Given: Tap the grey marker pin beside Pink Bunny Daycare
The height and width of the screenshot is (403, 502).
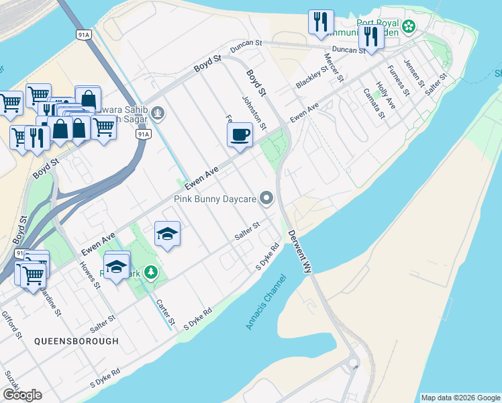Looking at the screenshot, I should tap(267, 198).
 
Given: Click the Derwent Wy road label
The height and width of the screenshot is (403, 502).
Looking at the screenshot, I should tap(301, 251).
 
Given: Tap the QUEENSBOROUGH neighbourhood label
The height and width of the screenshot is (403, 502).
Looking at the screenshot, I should tap(77, 341).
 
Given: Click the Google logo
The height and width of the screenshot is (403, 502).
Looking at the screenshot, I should tap(22, 395).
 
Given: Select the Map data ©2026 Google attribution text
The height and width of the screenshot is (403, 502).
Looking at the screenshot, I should tap(460, 398).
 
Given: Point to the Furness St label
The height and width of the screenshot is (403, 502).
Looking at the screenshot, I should tap(398, 79).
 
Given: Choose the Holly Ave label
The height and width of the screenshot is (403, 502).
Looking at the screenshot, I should tap(386, 95).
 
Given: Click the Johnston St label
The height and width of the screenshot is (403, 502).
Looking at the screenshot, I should tap(254, 113).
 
